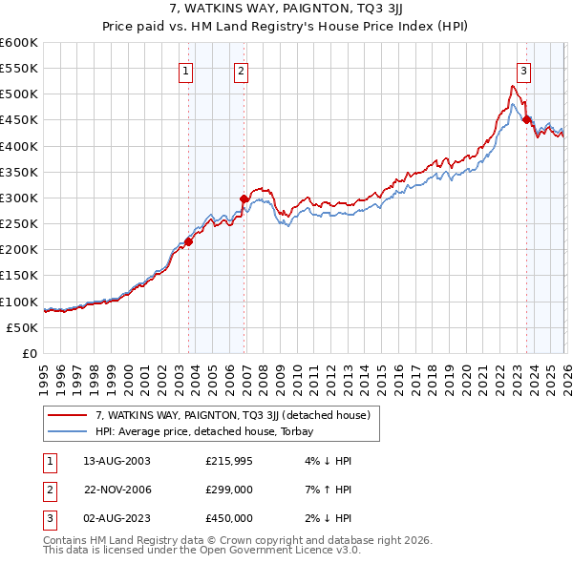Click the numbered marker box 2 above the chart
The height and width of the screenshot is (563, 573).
click(x=242, y=70)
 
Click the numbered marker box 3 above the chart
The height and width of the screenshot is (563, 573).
click(x=524, y=70)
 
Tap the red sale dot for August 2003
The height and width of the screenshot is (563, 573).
click(x=189, y=241)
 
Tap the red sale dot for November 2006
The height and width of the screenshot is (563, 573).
click(x=244, y=198)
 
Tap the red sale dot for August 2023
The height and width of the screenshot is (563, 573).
click(x=527, y=120)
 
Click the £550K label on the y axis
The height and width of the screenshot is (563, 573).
click(x=19, y=69)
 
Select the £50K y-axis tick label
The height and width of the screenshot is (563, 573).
click(x=23, y=327)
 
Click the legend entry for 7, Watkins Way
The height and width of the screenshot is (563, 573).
click(x=239, y=415)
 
